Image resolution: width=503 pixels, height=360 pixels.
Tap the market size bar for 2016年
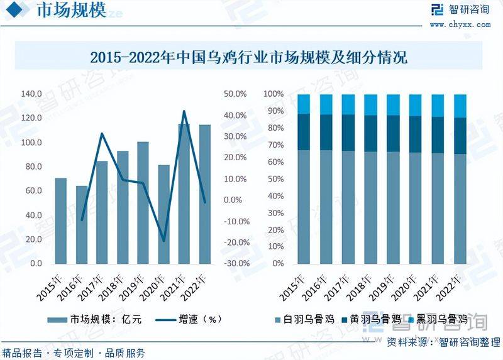(x=82, y=224)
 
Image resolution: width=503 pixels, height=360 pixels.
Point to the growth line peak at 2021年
(x=184, y=111)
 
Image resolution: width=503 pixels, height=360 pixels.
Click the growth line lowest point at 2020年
(x=163, y=241)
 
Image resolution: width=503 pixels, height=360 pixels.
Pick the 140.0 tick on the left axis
(x=31, y=94)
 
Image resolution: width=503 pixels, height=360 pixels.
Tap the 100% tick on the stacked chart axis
(x=274, y=94)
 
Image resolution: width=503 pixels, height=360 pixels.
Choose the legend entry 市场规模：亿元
(x=97, y=319)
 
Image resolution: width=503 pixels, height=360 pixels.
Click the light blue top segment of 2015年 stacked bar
(x=304, y=104)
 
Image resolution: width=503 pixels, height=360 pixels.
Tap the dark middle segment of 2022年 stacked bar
(x=460, y=136)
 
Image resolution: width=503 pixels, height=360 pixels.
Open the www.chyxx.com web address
(x=460, y=25)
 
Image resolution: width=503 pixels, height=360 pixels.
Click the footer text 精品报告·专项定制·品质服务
(x=74, y=352)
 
